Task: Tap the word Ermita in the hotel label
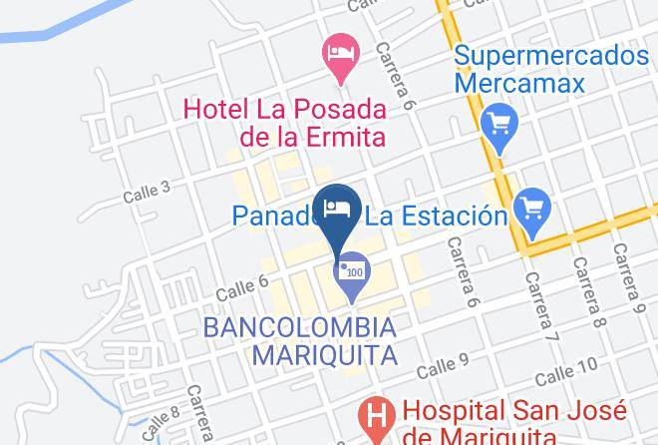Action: [x=335, y=137]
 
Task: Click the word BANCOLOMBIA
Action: [x=299, y=327]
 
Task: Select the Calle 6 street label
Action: [x=243, y=286]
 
